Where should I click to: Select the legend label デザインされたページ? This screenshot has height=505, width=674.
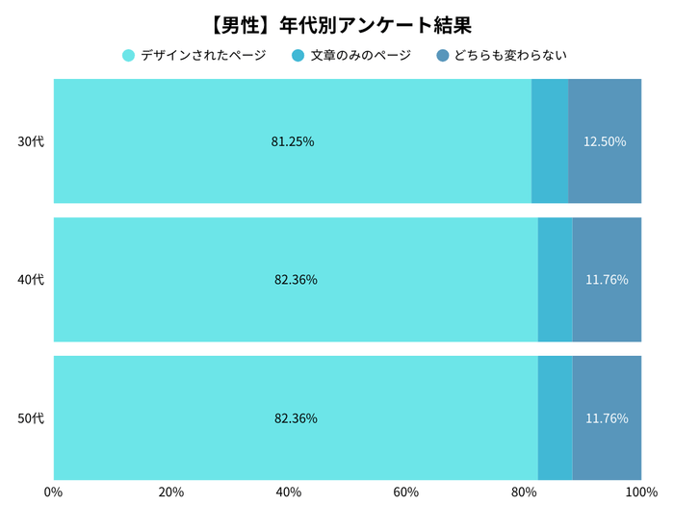click(x=203, y=55)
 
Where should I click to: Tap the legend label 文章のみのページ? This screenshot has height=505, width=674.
click(x=360, y=55)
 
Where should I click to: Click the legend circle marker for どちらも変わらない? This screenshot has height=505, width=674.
click(x=442, y=55)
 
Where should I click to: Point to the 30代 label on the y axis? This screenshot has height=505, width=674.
click(x=31, y=141)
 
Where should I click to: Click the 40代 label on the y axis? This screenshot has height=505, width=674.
click(x=31, y=280)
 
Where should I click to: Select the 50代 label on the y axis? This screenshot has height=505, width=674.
click(x=31, y=418)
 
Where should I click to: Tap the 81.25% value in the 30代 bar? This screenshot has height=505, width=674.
click(x=293, y=141)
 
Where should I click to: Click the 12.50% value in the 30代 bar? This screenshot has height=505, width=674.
click(x=605, y=141)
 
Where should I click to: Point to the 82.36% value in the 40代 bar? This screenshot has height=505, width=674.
click(x=296, y=280)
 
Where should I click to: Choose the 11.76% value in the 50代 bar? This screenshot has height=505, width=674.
click(x=607, y=418)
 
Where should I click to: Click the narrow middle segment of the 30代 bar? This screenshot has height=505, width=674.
click(x=550, y=141)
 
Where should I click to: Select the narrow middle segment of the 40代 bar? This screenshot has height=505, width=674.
click(x=555, y=280)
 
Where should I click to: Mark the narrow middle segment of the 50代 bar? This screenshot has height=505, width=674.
click(x=555, y=418)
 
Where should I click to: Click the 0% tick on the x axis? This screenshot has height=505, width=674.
click(x=54, y=492)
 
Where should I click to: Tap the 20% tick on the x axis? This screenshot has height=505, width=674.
click(x=171, y=492)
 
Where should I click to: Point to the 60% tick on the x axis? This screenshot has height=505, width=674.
click(x=406, y=492)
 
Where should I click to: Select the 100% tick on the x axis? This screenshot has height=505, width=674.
click(x=639, y=492)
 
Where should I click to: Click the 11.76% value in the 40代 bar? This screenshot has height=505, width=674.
click(x=607, y=280)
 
